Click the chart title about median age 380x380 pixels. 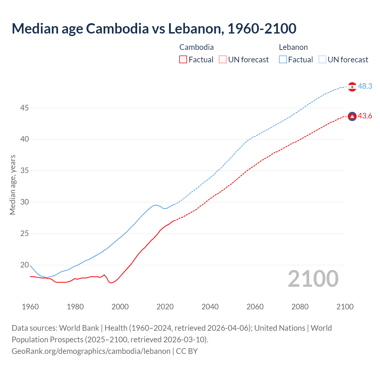click(154, 28)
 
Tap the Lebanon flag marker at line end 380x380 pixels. click(352, 87)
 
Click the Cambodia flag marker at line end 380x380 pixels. click(352, 116)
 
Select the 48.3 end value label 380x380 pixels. click(365, 86)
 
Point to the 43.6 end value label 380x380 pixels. click(365, 116)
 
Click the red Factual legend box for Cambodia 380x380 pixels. click(183, 60)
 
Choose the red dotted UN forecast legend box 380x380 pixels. click(223, 60)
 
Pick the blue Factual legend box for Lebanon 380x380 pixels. click(283, 60)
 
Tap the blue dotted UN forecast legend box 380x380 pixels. click(322, 60)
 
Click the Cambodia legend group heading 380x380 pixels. click(196, 47)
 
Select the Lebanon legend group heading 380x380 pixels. click(293, 47)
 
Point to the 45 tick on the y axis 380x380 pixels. click(24, 108)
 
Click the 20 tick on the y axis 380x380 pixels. click(24, 265)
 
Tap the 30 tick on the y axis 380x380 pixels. click(24, 202)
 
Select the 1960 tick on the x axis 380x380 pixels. click(30, 307)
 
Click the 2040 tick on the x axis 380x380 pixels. click(210, 307)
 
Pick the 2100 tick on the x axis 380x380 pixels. click(345, 307)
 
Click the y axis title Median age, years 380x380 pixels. click(12, 185)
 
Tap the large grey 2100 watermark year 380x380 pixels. click(313, 279)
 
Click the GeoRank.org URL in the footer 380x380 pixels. click(91, 351)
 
